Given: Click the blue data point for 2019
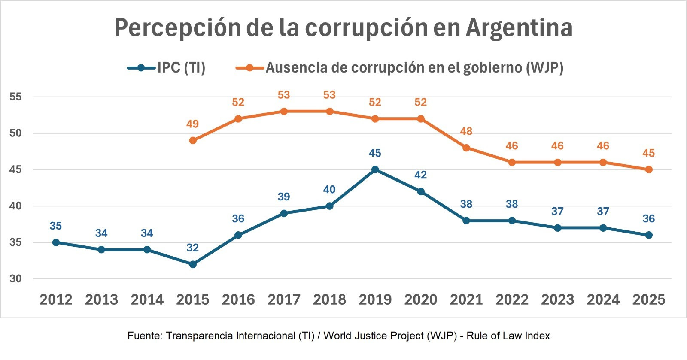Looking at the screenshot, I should click(x=375, y=169).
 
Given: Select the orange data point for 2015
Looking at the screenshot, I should click(x=193, y=140).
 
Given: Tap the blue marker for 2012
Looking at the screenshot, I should click(x=56, y=242).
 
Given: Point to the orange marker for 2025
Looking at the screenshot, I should click(x=648, y=169).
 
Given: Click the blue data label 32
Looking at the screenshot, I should click(x=192, y=248).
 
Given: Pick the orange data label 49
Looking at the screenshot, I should click(x=192, y=124).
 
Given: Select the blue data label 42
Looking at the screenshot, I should click(x=420, y=175).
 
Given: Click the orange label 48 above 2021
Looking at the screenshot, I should click(x=466, y=131).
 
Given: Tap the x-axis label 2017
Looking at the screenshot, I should click(x=284, y=299).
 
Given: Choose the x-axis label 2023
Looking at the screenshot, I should click(x=557, y=299).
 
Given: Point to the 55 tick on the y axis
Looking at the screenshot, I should click(x=15, y=97).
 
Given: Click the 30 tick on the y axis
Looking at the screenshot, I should click(x=15, y=279).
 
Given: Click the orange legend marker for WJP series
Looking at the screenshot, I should click(x=249, y=68).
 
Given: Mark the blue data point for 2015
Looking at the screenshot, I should click(x=193, y=264).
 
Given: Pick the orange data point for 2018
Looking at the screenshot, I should click(x=329, y=112).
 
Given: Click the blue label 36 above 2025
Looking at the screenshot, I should click(x=648, y=219).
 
